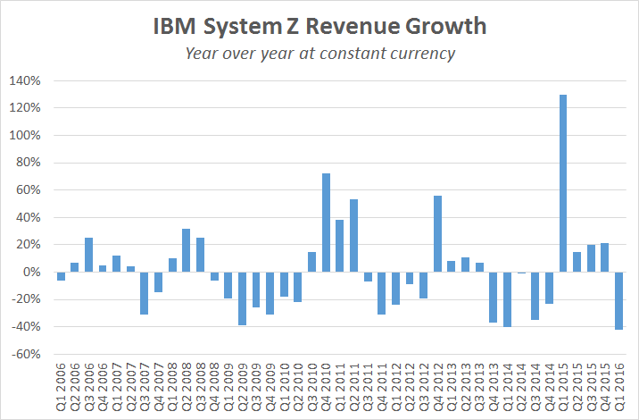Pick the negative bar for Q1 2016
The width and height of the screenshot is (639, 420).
[619, 300]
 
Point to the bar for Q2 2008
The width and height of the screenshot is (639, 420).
[186, 250]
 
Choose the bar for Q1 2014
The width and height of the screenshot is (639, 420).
[507, 299]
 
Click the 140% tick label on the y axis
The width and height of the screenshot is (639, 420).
[25, 80]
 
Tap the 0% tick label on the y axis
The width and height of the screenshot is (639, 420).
[32, 272]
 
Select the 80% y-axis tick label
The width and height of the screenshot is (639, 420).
[28, 163]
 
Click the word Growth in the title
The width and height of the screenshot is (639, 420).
[448, 26]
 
